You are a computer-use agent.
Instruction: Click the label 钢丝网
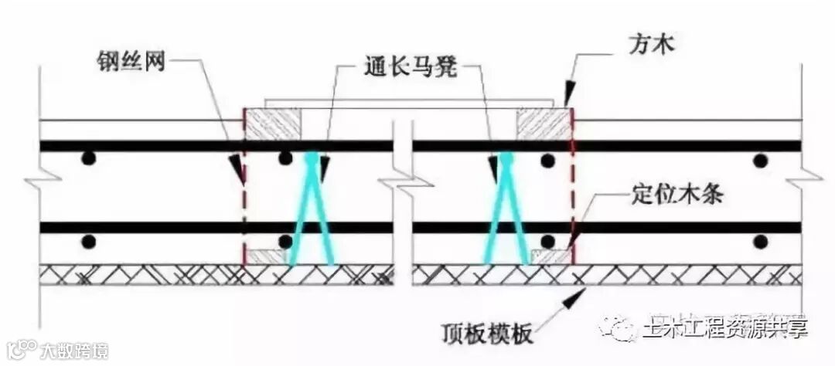click(x=135, y=61)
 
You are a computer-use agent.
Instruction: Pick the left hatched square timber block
click(x=273, y=124)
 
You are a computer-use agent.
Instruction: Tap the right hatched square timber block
click(x=544, y=124)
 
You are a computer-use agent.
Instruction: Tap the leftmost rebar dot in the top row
click(x=90, y=159)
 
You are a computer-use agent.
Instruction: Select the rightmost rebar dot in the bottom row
click(x=761, y=241)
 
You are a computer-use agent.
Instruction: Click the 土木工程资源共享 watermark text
click(x=724, y=328)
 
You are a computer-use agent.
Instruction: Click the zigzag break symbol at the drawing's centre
click(x=403, y=185)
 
